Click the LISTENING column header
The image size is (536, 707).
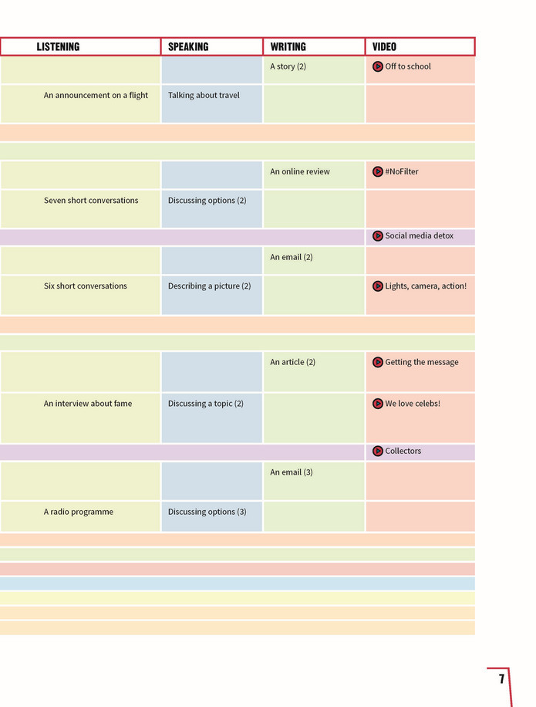tap(58, 47)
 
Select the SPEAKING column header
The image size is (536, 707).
tap(188, 47)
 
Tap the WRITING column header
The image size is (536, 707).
tap(288, 47)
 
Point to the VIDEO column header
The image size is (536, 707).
tap(384, 47)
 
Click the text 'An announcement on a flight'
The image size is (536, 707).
tap(96, 95)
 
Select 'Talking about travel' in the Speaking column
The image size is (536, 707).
tap(204, 95)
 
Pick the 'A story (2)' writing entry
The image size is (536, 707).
tap(288, 66)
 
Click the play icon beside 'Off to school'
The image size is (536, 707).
tap(378, 66)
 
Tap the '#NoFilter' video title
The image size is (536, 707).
tap(402, 171)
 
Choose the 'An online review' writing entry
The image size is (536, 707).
tap(300, 171)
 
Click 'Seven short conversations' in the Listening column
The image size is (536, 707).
tap(91, 200)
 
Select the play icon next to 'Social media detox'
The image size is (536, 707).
tap(378, 236)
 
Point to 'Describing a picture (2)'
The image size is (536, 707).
tap(210, 286)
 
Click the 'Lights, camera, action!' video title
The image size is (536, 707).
tap(426, 286)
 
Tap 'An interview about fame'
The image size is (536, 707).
tap(88, 404)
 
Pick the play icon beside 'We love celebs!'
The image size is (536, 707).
tap(378, 404)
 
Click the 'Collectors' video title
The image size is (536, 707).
tap(403, 451)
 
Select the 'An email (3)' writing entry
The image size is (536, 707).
tap(292, 472)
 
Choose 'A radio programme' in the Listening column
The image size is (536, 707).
tap(79, 512)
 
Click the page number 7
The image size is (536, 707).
tap(501, 678)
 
